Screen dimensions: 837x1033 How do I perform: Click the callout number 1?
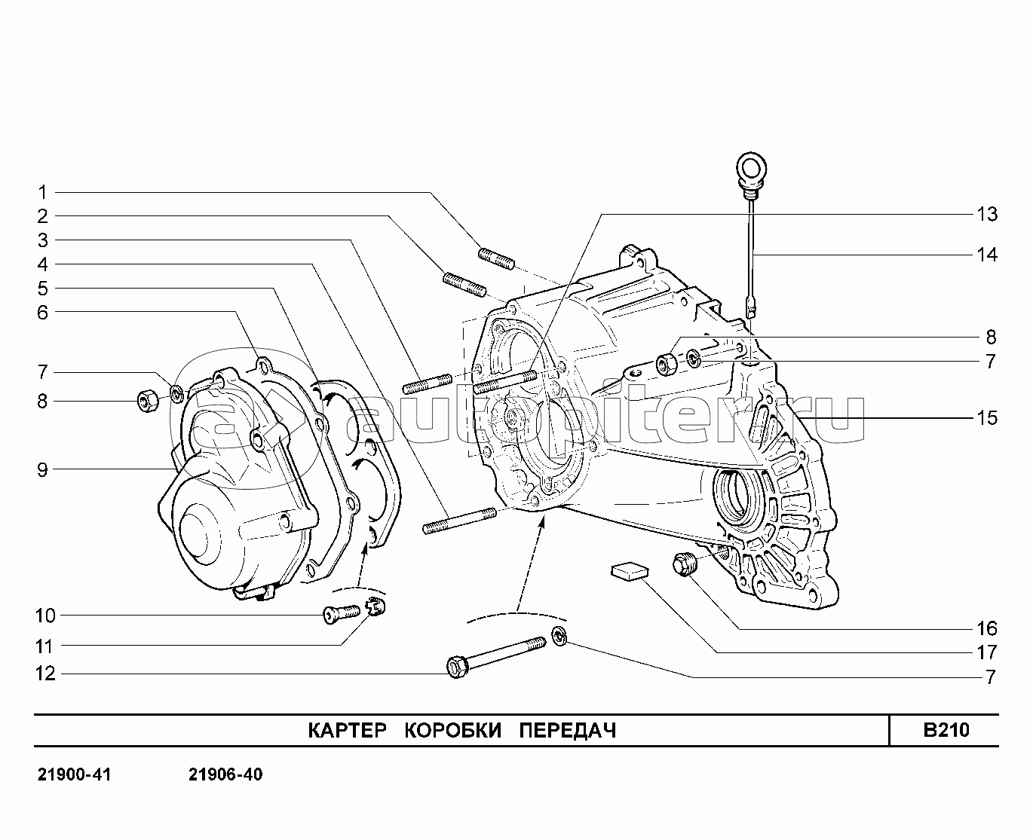click(x=43, y=192)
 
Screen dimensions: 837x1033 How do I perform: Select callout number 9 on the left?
click(x=43, y=470)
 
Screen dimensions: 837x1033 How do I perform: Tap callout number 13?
click(x=986, y=215)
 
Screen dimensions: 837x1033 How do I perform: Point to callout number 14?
click(x=986, y=255)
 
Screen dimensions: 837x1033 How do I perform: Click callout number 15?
click(x=986, y=418)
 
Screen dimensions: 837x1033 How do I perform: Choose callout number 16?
click(x=986, y=628)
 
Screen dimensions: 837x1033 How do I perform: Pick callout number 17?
click(x=986, y=652)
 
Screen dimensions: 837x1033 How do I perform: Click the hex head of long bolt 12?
click(x=456, y=667)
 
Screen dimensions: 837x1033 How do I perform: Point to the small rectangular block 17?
click(x=629, y=570)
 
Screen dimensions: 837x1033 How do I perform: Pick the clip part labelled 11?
click(x=375, y=605)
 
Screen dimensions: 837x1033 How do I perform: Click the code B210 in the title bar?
click(x=946, y=730)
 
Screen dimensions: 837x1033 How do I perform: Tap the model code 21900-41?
click(x=74, y=775)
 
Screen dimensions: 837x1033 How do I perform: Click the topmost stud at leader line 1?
click(x=497, y=257)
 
